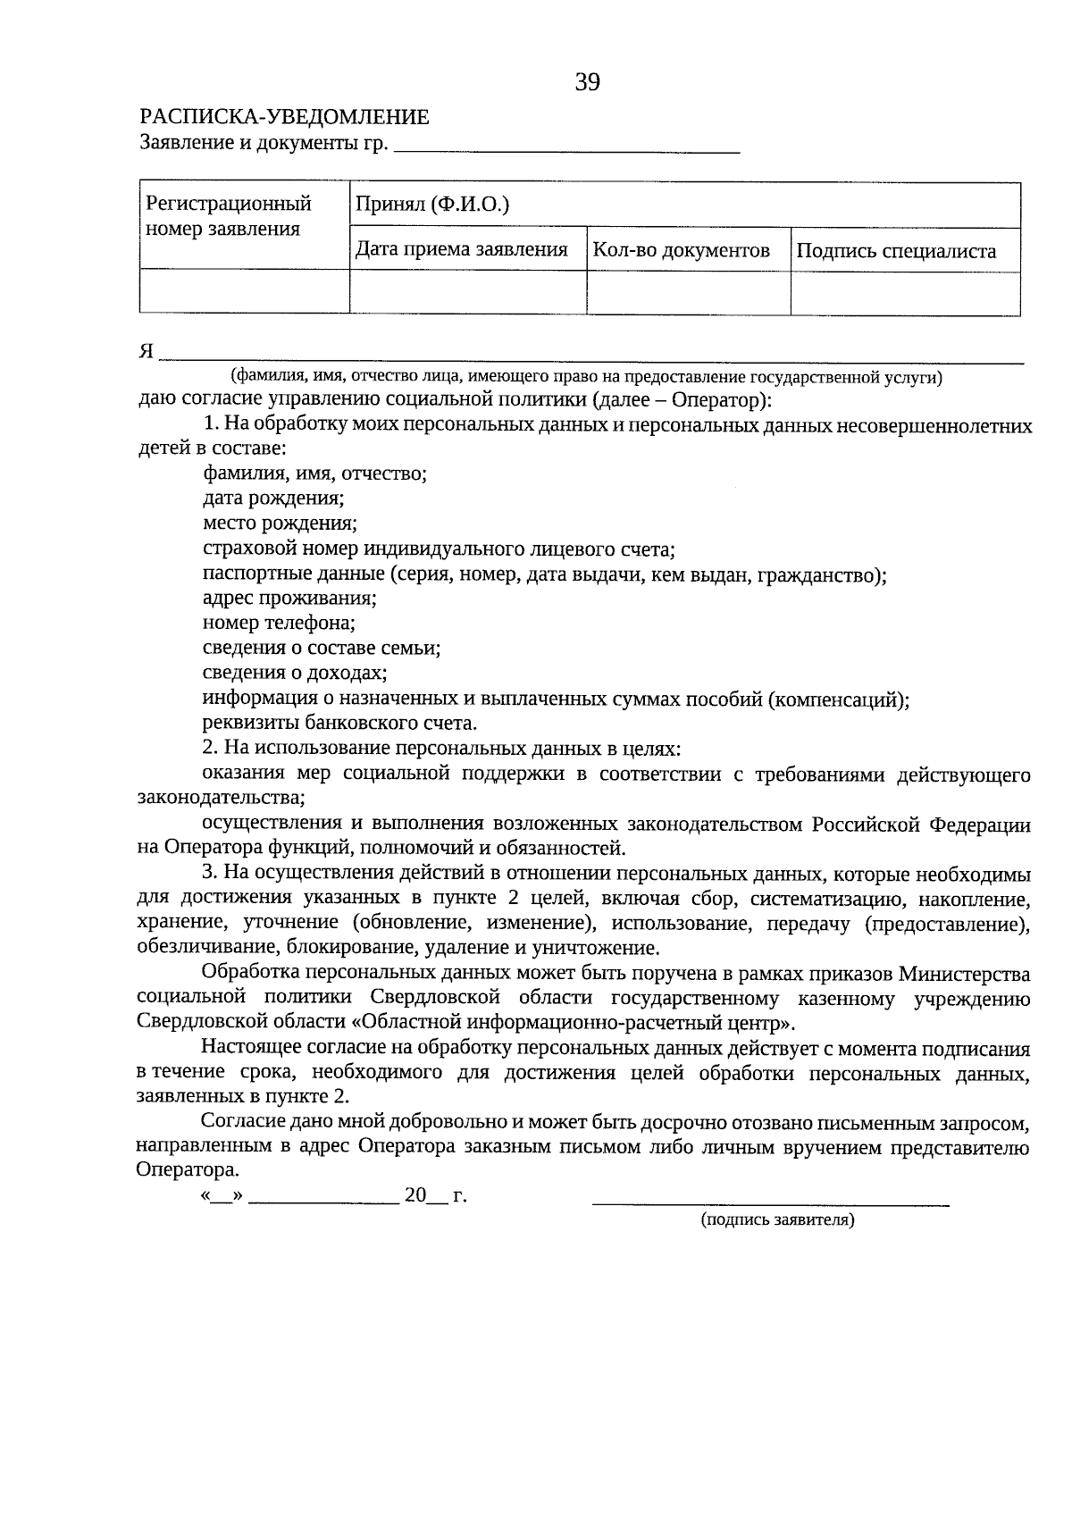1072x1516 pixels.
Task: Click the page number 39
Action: pos(587,83)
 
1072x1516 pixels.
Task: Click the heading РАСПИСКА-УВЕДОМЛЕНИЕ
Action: pos(285,117)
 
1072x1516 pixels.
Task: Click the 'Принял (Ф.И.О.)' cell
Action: pos(432,205)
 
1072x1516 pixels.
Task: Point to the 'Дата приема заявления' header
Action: pos(462,250)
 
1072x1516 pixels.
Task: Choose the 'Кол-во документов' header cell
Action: pos(682,250)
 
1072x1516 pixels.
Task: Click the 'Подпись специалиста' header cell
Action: pos(896,251)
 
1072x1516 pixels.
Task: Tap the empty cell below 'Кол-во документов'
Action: pos(688,293)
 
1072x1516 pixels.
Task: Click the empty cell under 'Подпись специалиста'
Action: pos(905,293)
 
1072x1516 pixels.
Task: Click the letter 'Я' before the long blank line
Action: pos(147,352)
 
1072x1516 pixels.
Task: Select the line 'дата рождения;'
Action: pos(273,498)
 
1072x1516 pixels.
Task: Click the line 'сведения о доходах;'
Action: pos(295,672)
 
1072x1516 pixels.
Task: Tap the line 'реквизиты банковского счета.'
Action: pos(339,723)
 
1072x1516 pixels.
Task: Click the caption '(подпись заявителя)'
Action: pos(777,1219)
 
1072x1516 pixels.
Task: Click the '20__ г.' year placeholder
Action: pos(435,1195)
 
